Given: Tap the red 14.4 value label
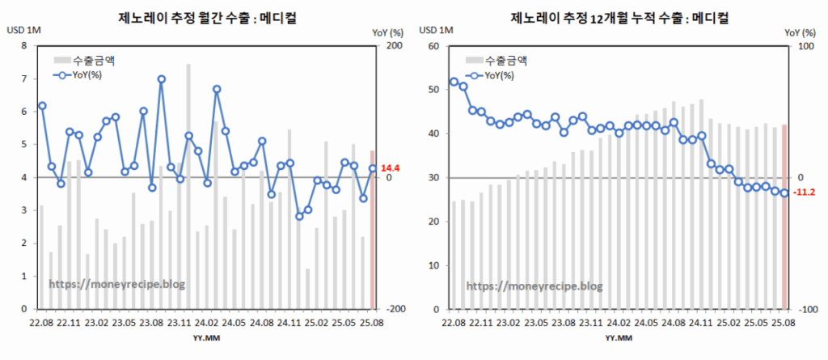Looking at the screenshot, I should pyautogui.click(x=391, y=168).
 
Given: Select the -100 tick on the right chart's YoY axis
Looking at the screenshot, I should pyautogui.click(x=805, y=309).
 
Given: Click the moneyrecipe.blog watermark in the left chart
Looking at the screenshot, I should pyautogui.click(x=117, y=285).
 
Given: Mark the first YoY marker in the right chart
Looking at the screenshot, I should pyautogui.click(x=454, y=82).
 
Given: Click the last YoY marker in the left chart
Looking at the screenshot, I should pyautogui.click(x=373, y=168).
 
